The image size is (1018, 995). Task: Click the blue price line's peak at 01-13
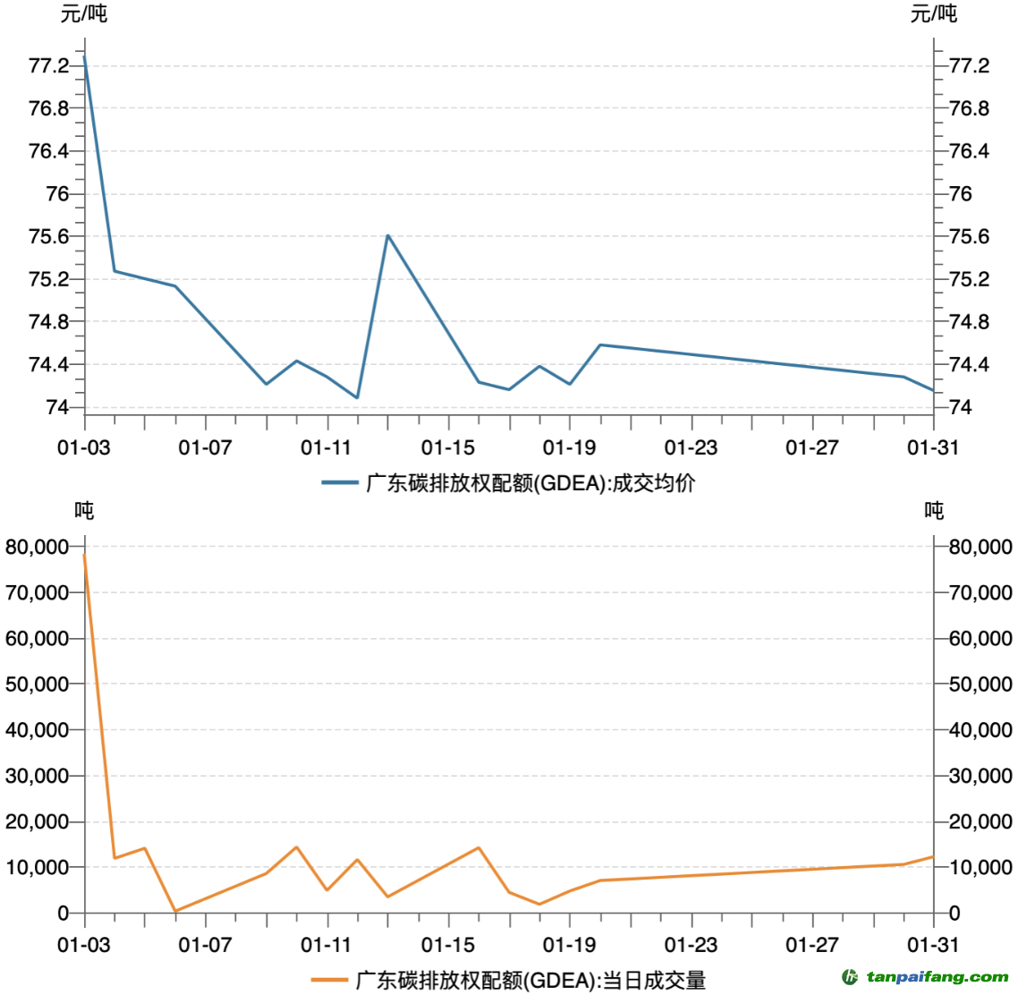coord(387,235)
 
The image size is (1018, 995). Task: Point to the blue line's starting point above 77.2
coord(84,56)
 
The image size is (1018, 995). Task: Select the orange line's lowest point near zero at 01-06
coord(175,911)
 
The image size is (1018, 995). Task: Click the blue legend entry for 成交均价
coord(508,483)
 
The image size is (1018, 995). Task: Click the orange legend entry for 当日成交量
coord(508,980)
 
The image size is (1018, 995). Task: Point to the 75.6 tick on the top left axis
coord(49,236)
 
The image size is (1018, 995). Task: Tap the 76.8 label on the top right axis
coord(969,108)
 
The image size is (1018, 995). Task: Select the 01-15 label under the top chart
coord(447,447)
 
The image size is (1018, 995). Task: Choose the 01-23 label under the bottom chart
coord(691,945)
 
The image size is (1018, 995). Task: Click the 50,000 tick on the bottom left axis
coord(38,685)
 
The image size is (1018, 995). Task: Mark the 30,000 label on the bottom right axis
coord(980,776)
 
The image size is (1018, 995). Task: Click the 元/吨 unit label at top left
coord(84,13)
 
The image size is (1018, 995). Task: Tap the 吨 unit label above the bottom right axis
coord(934,511)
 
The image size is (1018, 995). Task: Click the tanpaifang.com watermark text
coord(937,977)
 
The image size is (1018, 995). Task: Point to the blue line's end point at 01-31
coord(933,390)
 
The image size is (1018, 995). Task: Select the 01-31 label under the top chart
coord(933,447)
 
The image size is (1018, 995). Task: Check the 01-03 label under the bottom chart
coord(84,945)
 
